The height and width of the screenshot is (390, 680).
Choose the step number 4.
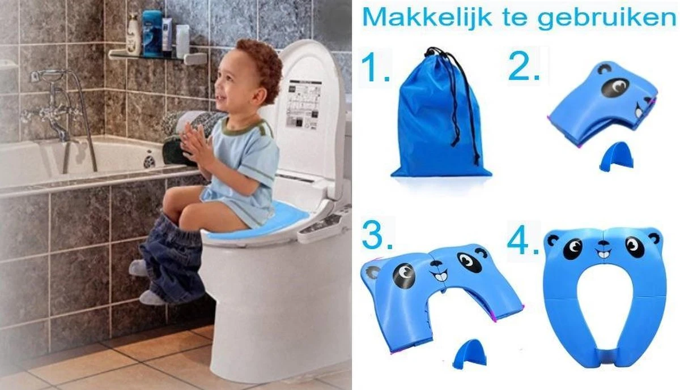522,242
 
